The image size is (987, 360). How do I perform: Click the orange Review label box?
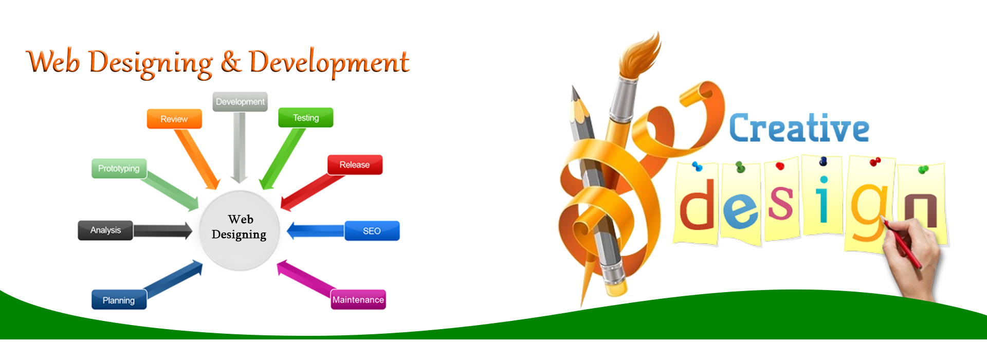[174, 119]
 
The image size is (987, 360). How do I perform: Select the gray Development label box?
[240, 102]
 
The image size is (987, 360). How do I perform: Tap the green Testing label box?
[306, 117]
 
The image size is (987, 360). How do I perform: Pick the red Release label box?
[355, 165]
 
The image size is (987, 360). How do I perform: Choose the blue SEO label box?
[372, 231]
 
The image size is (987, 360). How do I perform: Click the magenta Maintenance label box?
[358, 300]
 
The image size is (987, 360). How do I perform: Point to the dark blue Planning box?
[119, 300]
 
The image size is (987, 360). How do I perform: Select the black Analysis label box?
[105, 230]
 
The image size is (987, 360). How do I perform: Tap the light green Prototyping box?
[119, 168]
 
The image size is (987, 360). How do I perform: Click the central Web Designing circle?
[240, 230]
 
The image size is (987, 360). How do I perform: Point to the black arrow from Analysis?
[162, 231]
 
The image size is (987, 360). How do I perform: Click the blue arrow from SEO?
[316, 230]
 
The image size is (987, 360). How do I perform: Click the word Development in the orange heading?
[329, 63]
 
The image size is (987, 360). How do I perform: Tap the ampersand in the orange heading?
[231, 62]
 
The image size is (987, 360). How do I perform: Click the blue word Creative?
[799, 129]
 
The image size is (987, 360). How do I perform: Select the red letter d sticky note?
[697, 203]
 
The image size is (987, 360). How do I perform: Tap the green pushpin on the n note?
[923, 169]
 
